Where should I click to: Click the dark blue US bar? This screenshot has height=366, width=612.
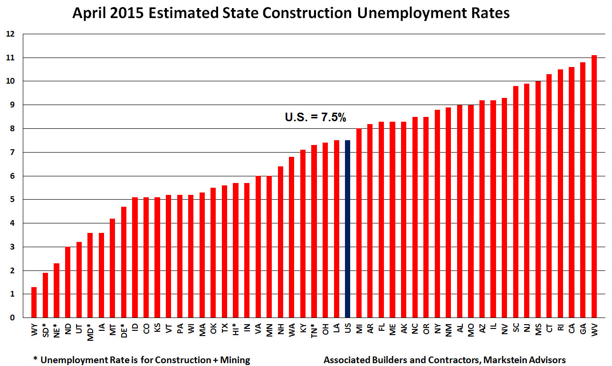pyautogui.click(x=348, y=229)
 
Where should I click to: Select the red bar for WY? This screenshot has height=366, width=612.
pyautogui.click(x=34, y=302)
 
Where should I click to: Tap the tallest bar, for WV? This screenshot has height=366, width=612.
pyautogui.click(x=594, y=186)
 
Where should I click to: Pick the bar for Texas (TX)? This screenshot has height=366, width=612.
pyautogui.click(x=224, y=251)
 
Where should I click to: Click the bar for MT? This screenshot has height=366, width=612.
pyautogui.click(x=113, y=268)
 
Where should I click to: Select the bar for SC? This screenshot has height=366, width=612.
pyautogui.click(x=516, y=202)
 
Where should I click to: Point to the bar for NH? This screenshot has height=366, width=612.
pyautogui.click(x=280, y=242)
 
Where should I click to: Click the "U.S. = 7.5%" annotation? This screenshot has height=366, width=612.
pyautogui.click(x=315, y=117)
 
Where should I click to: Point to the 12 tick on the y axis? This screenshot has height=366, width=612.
pyautogui.click(x=10, y=34)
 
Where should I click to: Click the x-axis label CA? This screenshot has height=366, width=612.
pyautogui.click(x=572, y=327)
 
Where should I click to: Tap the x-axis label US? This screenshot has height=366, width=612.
pyautogui.click(x=348, y=327)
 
